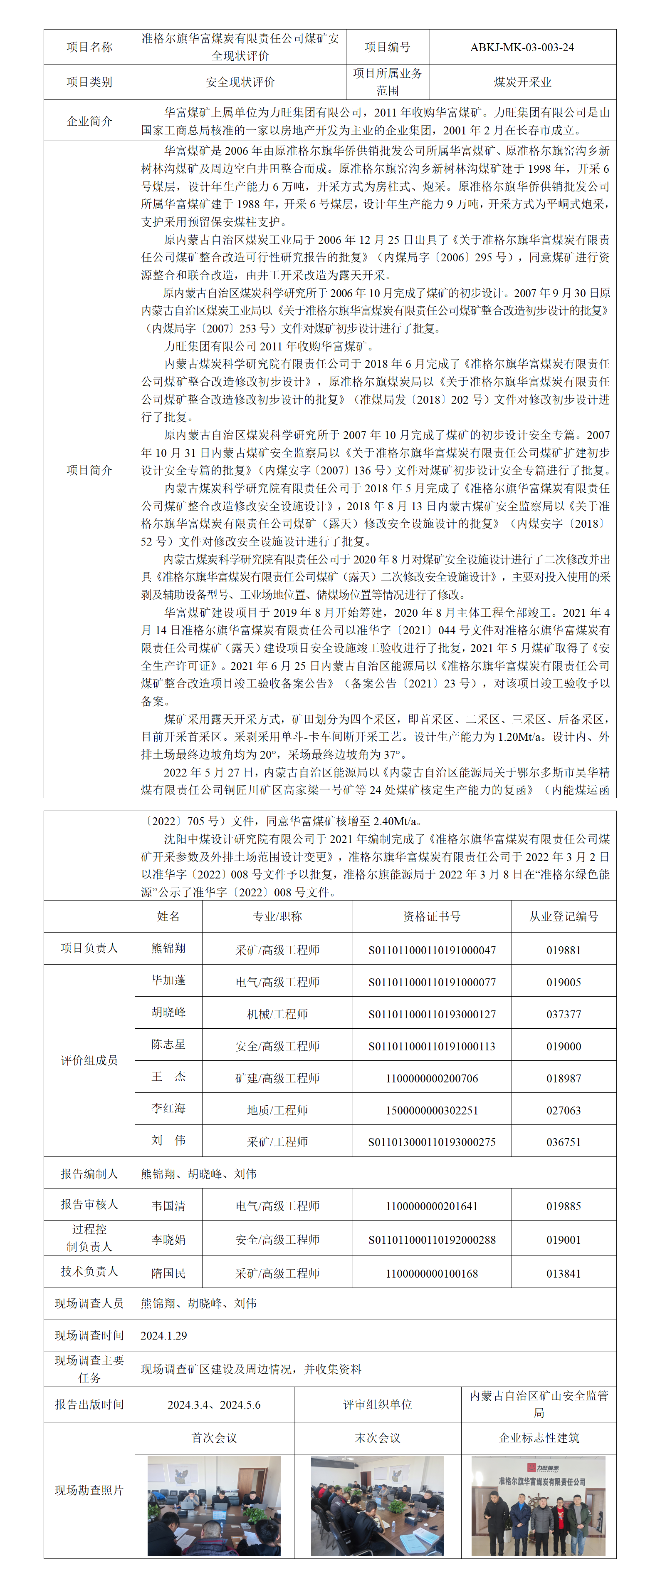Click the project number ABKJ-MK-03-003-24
click(x=522, y=47)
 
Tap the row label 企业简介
click(x=89, y=121)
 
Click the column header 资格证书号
click(x=432, y=916)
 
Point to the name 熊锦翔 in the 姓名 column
click(x=168, y=948)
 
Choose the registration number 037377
click(x=563, y=1014)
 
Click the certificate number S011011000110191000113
click(x=432, y=1046)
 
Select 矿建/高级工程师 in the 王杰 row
click(x=277, y=1078)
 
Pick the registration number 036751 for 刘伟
click(x=563, y=1141)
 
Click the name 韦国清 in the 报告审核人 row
click(x=168, y=1206)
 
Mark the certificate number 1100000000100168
click(x=432, y=1273)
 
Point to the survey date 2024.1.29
click(x=164, y=1335)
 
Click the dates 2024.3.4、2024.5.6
click(x=214, y=1404)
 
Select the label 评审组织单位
click(x=377, y=1404)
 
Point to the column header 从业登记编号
click(x=563, y=916)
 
